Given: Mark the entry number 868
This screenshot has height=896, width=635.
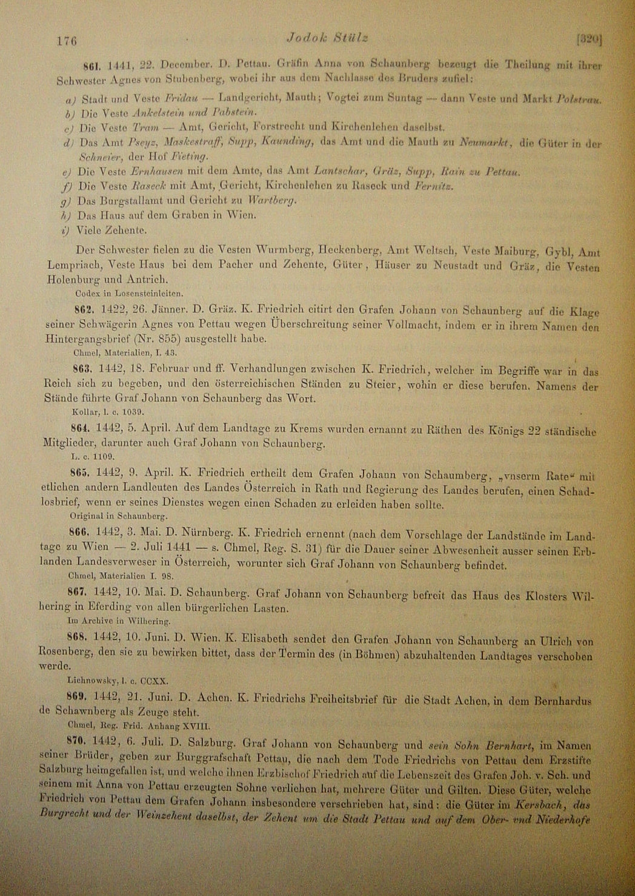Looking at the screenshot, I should click(80, 638).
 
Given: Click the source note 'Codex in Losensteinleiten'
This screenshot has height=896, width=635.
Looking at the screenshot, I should click(129, 293).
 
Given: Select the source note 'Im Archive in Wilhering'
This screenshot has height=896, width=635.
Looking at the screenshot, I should click(118, 621).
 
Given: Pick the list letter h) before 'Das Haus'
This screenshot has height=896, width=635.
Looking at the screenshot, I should click(66, 215).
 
